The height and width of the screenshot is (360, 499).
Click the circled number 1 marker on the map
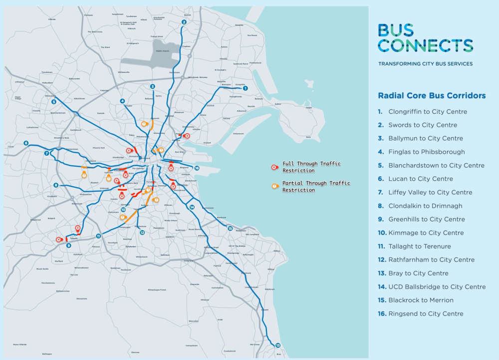[x=245, y=88]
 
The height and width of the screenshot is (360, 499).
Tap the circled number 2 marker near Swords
[x=184, y=22]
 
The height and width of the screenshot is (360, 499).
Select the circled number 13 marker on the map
[x=277, y=346]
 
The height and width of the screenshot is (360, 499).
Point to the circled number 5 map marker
[x=53, y=102]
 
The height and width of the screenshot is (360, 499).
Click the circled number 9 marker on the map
[x=69, y=245]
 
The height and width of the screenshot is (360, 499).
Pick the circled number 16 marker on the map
[x=197, y=168]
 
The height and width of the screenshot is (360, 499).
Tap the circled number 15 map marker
[x=230, y=229]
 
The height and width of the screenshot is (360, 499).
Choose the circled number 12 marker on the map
[x=142, y=232]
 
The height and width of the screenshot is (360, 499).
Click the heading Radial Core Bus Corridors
[x=431, y=95]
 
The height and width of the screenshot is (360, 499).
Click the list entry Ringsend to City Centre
[x=426, y=314]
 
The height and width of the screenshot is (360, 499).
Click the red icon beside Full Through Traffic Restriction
[x=274, y=167]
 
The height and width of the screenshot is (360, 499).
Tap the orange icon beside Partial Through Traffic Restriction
[x=274, y=186]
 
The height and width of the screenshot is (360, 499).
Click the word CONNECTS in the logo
[x=426, y=45]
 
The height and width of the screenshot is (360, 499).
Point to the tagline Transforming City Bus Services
[x=425, y=64]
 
